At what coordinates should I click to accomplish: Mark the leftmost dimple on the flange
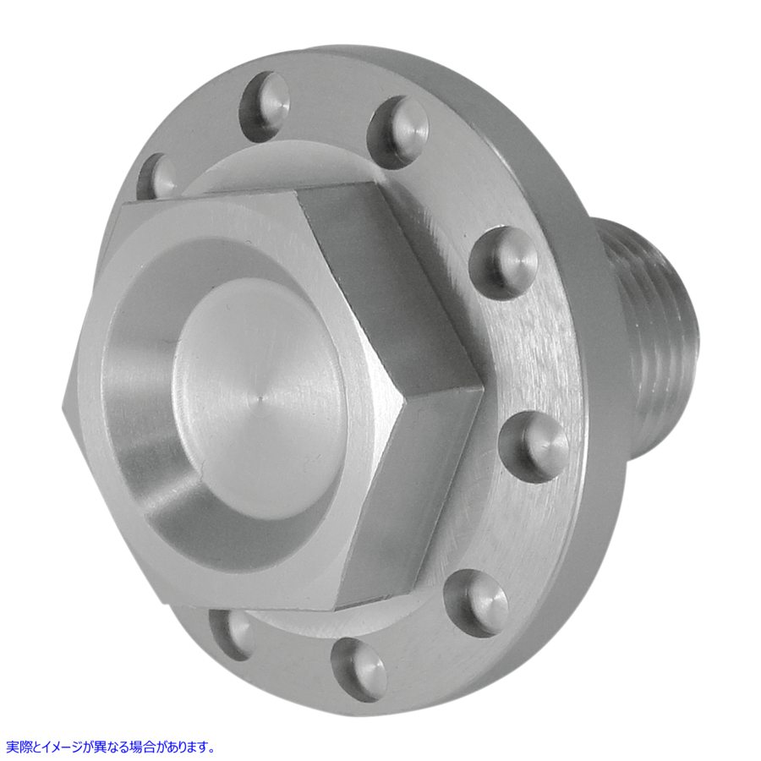(157, 173)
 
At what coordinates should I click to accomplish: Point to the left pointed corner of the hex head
(68, 401)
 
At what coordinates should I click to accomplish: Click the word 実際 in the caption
(17, 747)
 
